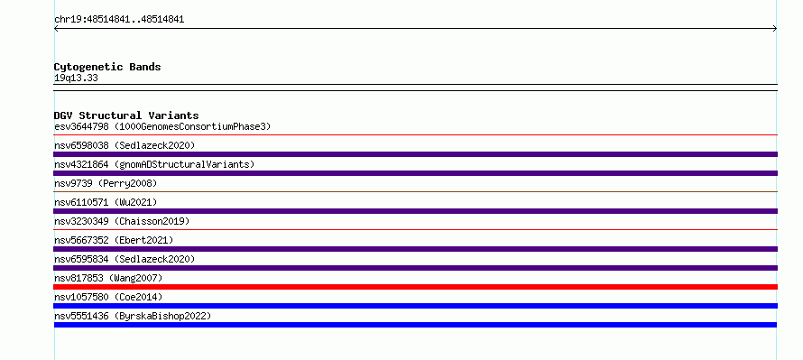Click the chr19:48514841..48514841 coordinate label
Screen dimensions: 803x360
click(x=119, y=20)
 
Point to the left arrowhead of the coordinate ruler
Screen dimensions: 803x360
click(x=55, y=29)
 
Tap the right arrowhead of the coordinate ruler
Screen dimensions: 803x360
click(x=775, y=29)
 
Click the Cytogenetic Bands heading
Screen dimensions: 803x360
click(x=107, y=67)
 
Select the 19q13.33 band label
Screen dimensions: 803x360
click(x=76, y=78)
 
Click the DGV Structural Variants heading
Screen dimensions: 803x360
click(x=126, y=115)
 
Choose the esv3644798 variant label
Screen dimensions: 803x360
click(x=81, y=126)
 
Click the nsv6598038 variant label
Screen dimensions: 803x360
click(x=81, y=145)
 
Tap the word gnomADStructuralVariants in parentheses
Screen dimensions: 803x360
click(x=185, y=164)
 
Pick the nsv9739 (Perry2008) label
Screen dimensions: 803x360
click(x=106, y=183)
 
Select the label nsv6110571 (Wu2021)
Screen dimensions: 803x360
click(x=106, y=202)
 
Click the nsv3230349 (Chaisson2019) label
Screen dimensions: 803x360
click(x=122, y=221)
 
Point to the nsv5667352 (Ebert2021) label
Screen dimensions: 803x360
click(x=114, y=240)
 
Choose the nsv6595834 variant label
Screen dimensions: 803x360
click(x=81, y=259)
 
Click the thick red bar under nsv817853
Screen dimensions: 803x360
click(x=415, y=287)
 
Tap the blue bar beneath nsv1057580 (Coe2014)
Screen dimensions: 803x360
click(x=415, y=306)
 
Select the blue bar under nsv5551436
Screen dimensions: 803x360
click(x=415, y=325)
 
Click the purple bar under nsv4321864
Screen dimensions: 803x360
click(x=415, y=173)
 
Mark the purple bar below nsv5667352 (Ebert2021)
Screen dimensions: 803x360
click(x=415, y=249)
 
